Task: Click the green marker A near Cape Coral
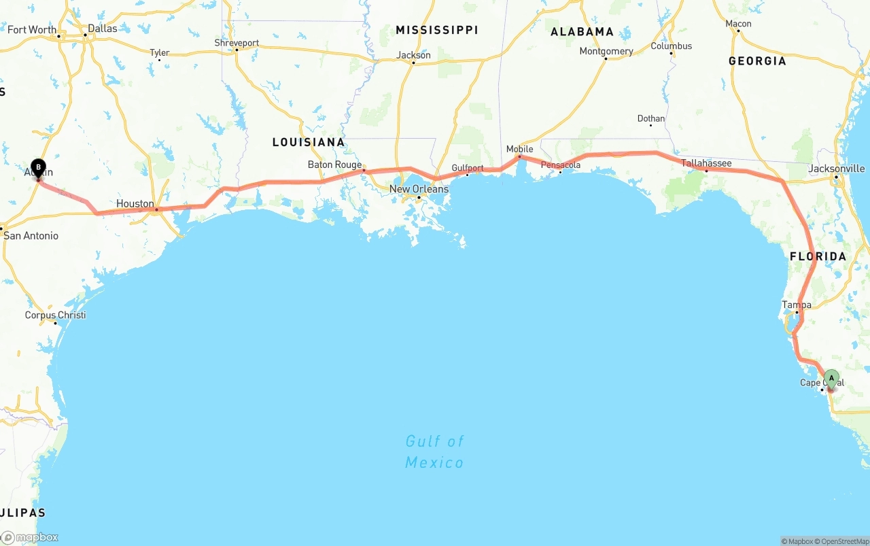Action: point(831,379)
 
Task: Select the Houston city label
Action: point(135,203)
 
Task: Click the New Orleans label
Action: point(419,189)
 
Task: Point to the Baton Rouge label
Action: point(334,165)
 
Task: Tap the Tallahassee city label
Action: point(706,163)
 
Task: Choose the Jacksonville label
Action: point(837,169)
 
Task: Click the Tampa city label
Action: point(796,305)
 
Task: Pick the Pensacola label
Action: point(561,165)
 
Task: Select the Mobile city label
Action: point(520,149)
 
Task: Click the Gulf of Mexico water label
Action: point(434,451)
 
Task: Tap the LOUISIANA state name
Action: point(309,142)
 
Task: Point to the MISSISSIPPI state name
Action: point(437,30)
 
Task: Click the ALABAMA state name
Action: point(582,32)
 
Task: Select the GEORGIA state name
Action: point(757,61)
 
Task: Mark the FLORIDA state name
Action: point(818,256)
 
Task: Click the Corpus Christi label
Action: point(56,315)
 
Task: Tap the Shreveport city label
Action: point(237,43)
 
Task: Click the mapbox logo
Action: point(30,537)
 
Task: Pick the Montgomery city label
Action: point(606,51)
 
